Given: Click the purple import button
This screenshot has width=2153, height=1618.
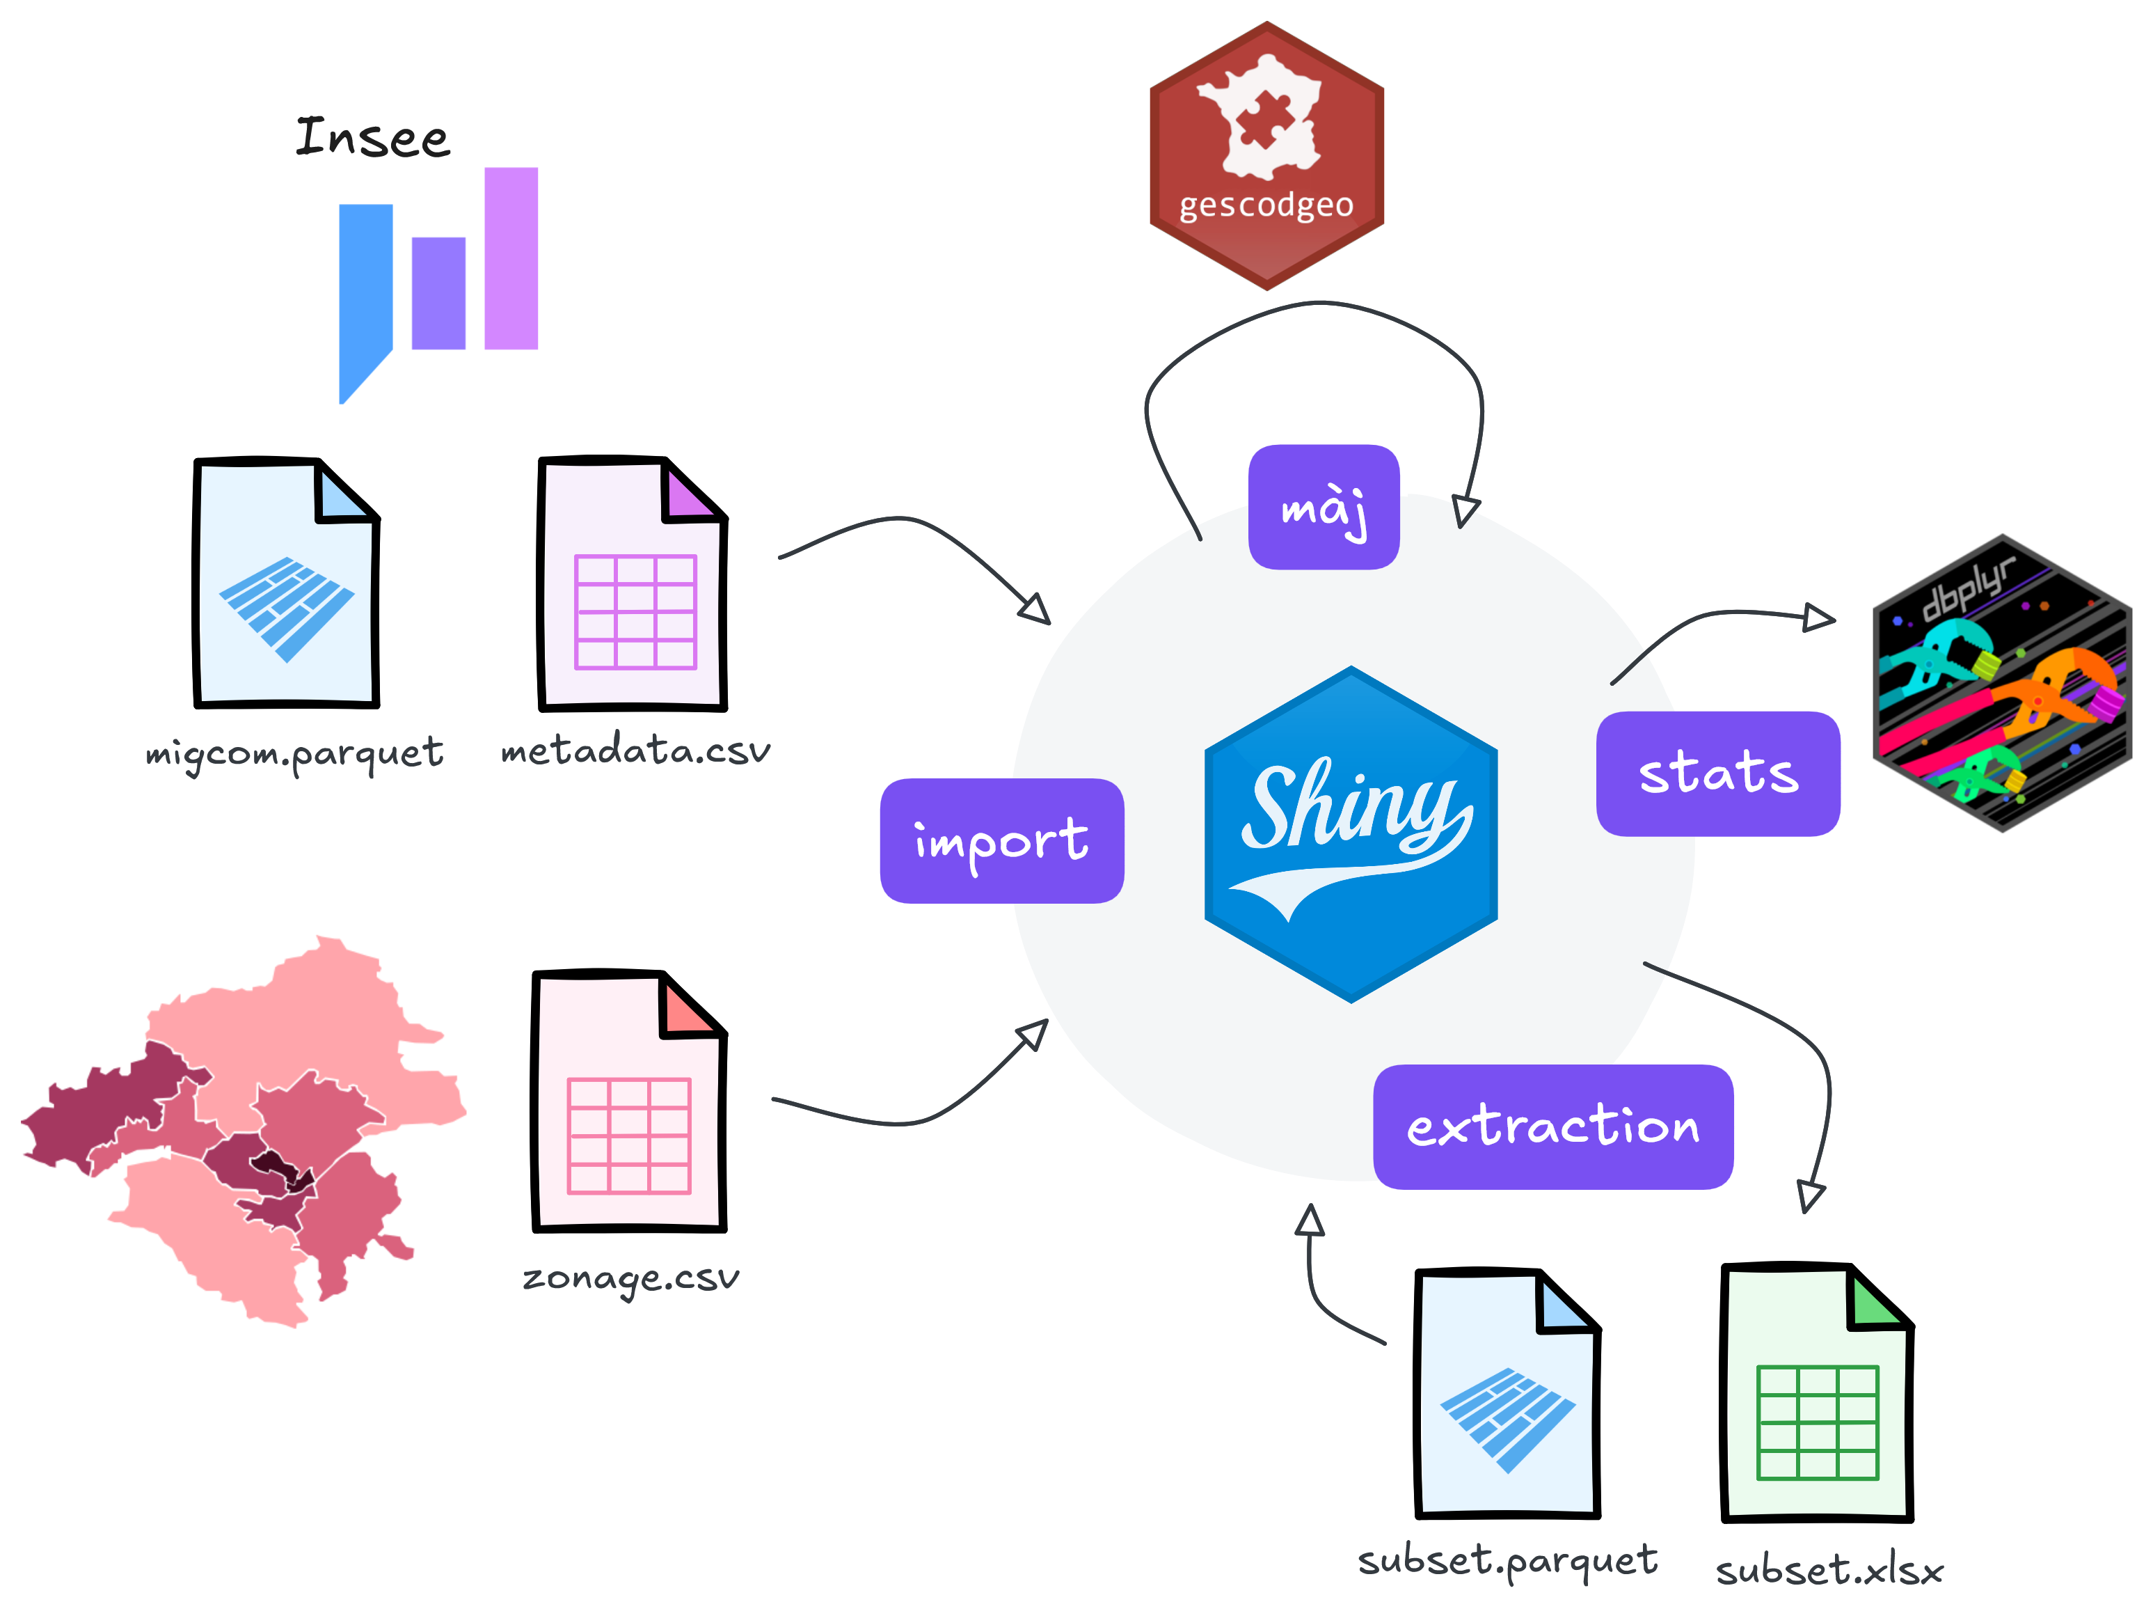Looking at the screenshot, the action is pos(1001,840).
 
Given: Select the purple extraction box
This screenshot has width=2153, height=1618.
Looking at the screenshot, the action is pos(1552,1126).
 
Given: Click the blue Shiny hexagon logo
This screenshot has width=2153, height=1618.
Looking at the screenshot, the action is pos(1351,834).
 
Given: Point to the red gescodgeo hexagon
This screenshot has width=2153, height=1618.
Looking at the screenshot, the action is pos(1266,156).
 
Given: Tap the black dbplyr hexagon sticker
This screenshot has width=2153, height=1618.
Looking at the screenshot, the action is pos(2002,682).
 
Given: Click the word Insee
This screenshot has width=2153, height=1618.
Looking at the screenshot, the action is pos(373,137).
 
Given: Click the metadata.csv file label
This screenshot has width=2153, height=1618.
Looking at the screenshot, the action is pos(635,750).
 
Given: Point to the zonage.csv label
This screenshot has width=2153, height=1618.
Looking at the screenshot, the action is pos(630,1278).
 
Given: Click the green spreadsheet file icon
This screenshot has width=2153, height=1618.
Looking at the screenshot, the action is pos(1817,1392).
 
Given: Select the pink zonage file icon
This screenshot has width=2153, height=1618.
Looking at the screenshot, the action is pos(630,1101).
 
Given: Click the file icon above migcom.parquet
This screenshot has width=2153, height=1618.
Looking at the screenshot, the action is pos(286,582).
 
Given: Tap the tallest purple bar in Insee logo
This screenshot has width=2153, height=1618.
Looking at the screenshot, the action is pos(511,258).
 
